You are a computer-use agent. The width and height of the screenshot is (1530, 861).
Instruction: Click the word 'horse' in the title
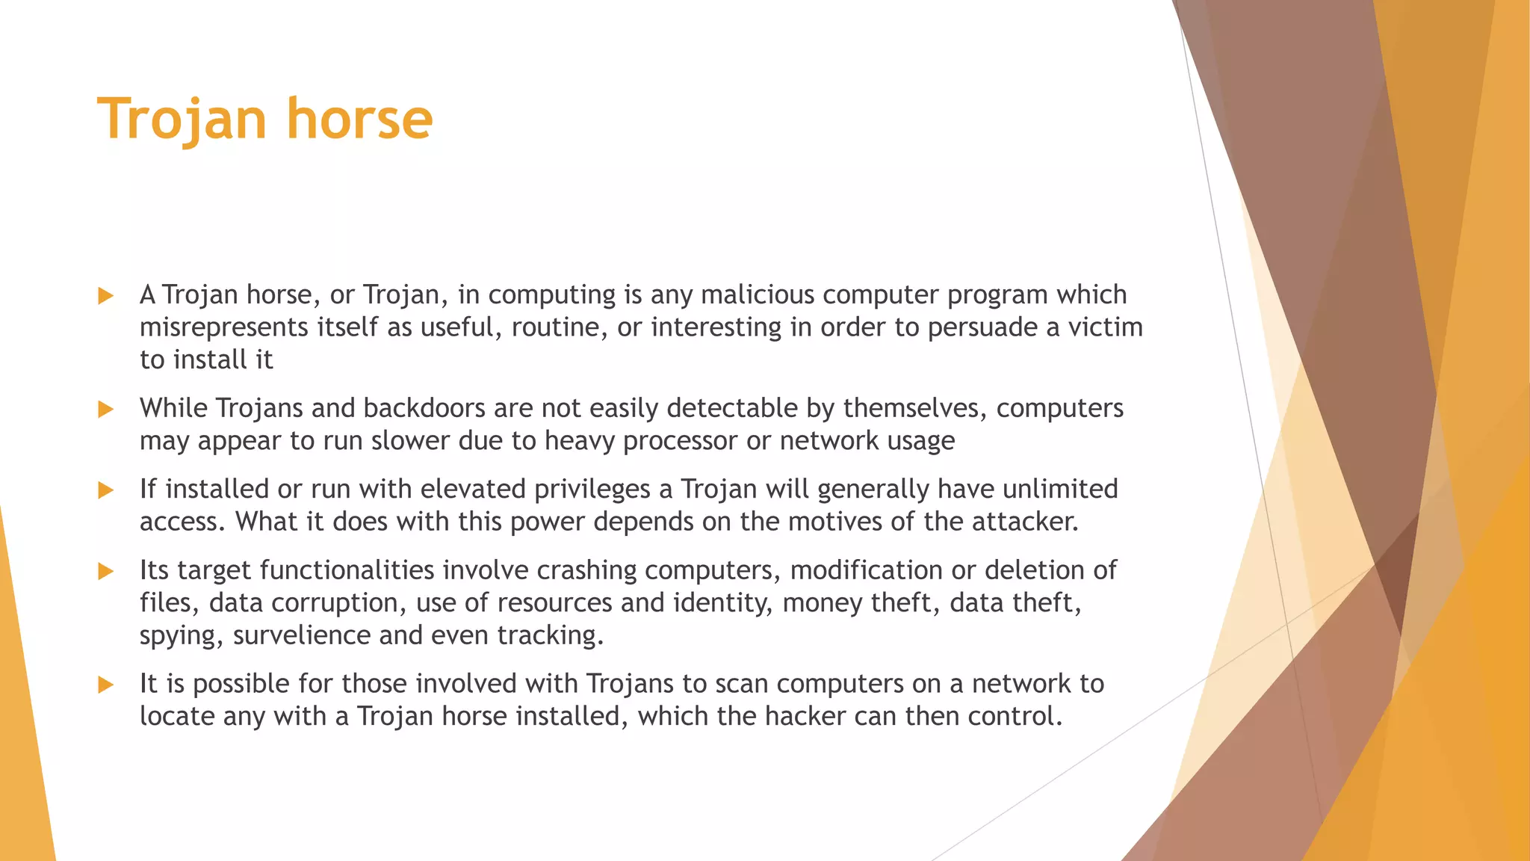click(359, 119)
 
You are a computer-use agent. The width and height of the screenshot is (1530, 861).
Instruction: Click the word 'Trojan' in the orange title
click(182, 119)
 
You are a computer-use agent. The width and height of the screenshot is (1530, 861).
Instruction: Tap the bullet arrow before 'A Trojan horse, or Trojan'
click(106, 296)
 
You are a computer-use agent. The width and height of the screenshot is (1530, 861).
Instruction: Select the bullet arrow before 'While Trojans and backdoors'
click(106, 410)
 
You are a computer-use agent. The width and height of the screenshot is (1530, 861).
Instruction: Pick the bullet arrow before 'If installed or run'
click(106, 490)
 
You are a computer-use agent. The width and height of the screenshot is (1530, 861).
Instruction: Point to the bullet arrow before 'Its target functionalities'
click(106, 572)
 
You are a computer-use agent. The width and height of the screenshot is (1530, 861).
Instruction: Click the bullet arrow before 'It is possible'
click(106, 685)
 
